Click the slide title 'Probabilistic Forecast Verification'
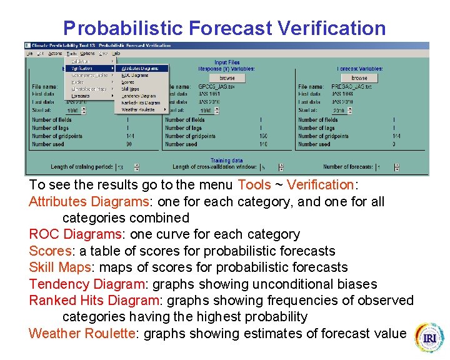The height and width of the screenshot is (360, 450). coord(224,28)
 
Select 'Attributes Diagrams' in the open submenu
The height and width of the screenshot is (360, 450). coord(140,68)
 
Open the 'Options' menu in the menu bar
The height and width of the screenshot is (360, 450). coord(86,54)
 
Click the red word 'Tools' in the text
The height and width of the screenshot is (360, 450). coord(254,185)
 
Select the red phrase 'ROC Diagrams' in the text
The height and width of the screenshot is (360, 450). coord(74,234)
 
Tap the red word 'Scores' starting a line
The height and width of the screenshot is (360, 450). coord(51,251)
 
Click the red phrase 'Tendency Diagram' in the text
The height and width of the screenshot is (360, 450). coord(86,284)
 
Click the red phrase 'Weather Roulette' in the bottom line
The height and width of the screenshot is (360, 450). coord(85,333)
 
